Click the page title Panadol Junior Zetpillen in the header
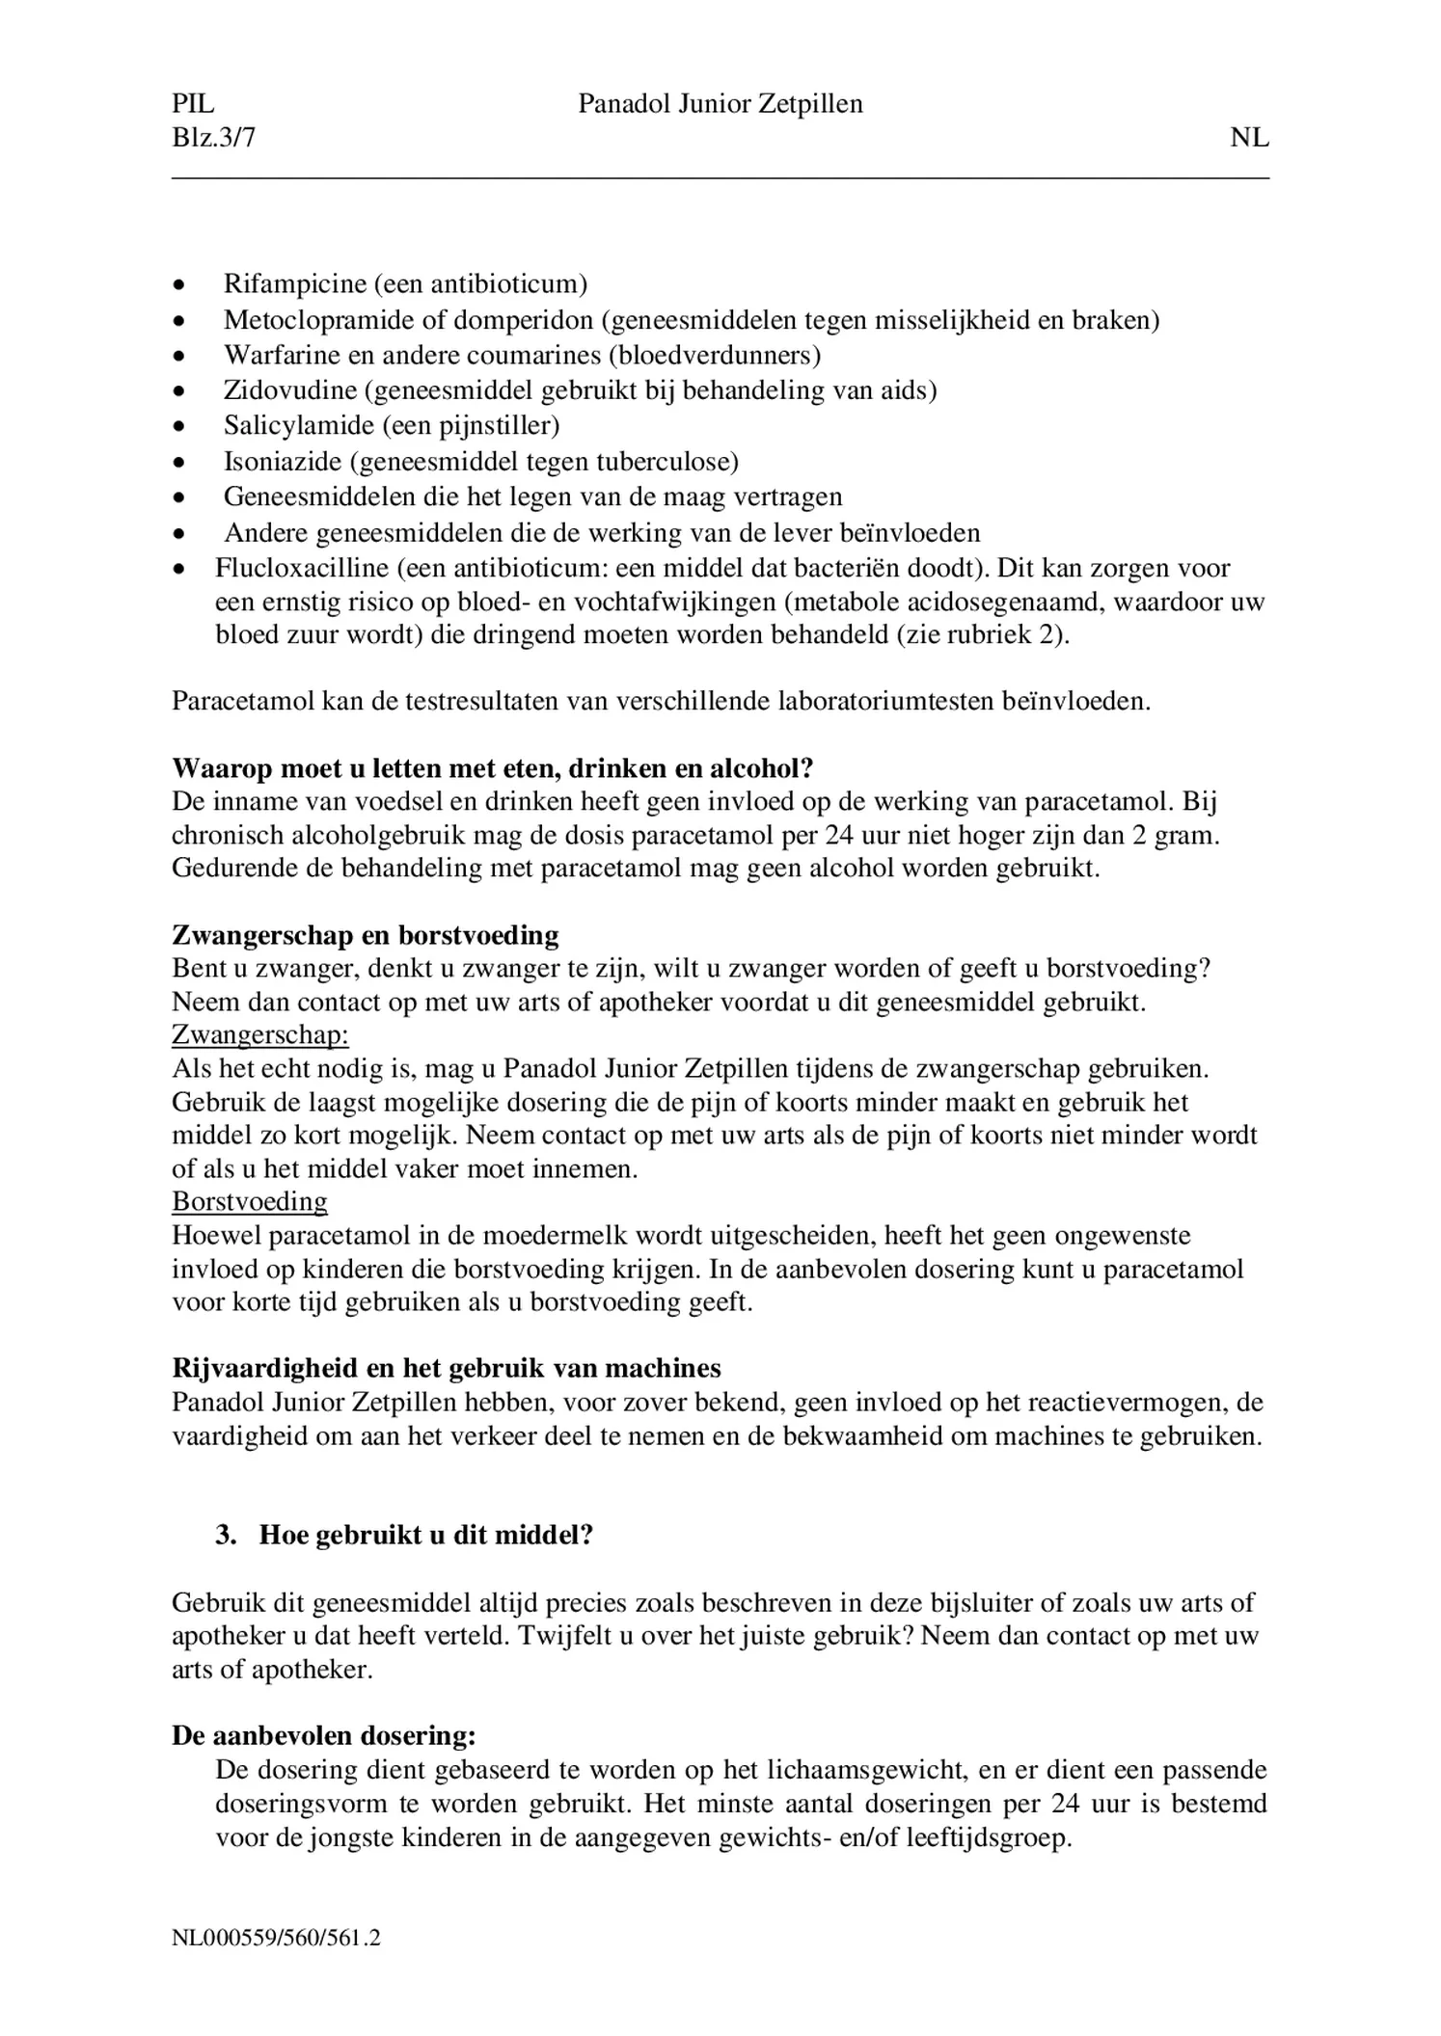(720, 104)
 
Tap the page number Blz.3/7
(213, 138)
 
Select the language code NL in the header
(1249, 138)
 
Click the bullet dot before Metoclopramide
(178, 321)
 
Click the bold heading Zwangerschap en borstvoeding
(365, 935)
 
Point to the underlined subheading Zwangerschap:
(259, 1035)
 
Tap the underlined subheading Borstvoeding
(249, 1202)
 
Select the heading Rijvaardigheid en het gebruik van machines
(446, 1369)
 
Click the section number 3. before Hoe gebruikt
(226, 1536)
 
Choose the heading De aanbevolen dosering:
(323, 1736)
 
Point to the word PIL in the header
(193, 104)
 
